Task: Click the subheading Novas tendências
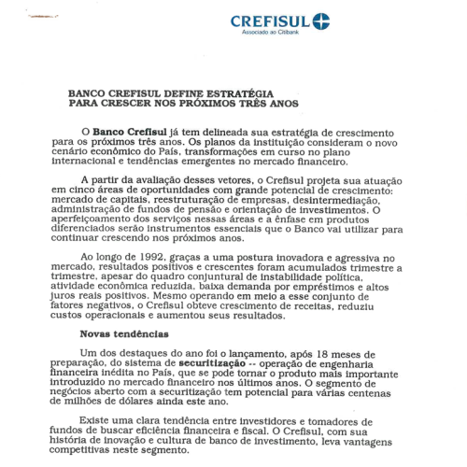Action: pos(120,333)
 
